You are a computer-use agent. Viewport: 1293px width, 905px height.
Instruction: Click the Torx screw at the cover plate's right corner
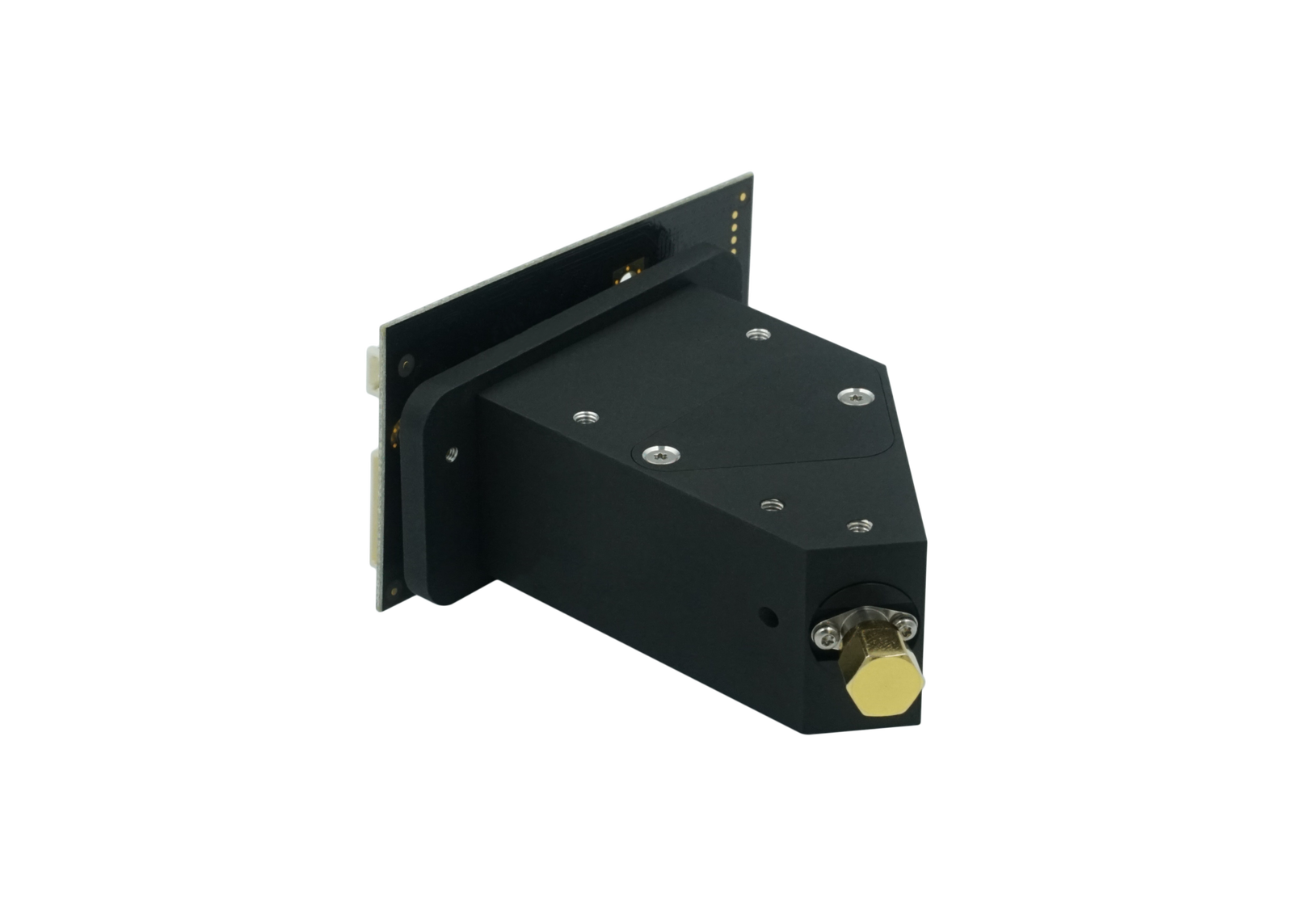[854, 395]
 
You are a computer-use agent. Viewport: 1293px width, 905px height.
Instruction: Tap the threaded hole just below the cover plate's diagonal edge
[768, 505]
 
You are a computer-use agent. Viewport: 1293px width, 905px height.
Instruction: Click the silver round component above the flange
[627, 277]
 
